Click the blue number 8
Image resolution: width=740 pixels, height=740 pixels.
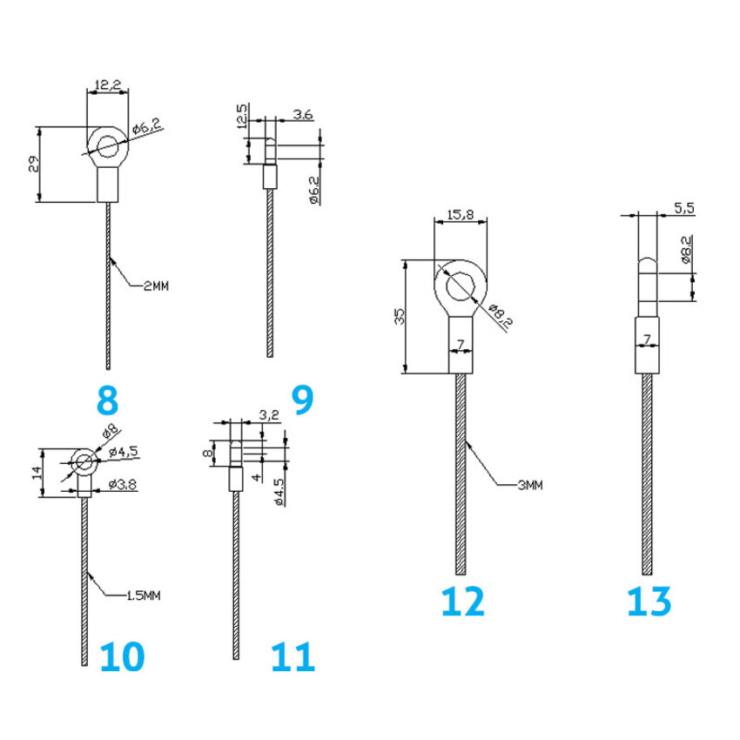[106, 400]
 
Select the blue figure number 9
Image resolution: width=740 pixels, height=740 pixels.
[301, 400]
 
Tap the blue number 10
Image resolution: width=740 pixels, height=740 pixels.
[121, 657]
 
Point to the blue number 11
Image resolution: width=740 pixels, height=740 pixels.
[292, 657]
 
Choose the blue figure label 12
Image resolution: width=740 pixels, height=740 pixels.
[462, 602]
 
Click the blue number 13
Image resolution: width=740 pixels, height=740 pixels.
[649, 602]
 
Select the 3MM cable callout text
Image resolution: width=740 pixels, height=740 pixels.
[529, 485]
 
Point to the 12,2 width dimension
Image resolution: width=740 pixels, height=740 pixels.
[107, 85]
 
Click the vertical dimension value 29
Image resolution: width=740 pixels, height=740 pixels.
[33, 164]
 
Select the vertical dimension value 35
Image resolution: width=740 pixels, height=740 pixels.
[400, 315]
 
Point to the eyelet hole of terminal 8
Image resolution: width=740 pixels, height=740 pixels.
[108, 145]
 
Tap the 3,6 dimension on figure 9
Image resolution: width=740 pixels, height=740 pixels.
[303, 114]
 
